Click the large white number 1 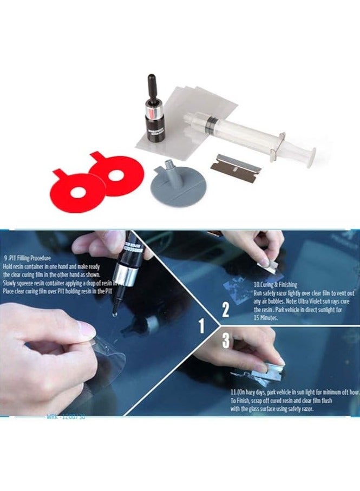[202, 326]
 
